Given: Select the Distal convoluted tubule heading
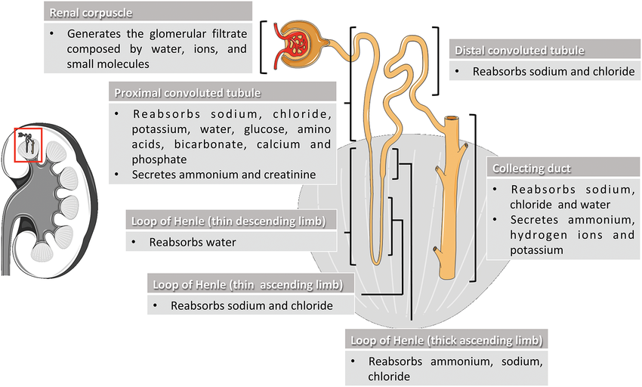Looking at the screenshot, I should pos(519,51).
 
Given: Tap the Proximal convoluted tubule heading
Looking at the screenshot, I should pos(187,93).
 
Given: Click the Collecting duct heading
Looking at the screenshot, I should pos(532,168).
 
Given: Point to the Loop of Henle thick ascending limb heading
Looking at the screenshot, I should pos(444,340).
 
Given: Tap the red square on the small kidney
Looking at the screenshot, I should pos(29,144).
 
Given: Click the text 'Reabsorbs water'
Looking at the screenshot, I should pos(193,243).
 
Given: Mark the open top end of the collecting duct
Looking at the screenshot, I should pos(451,119).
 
